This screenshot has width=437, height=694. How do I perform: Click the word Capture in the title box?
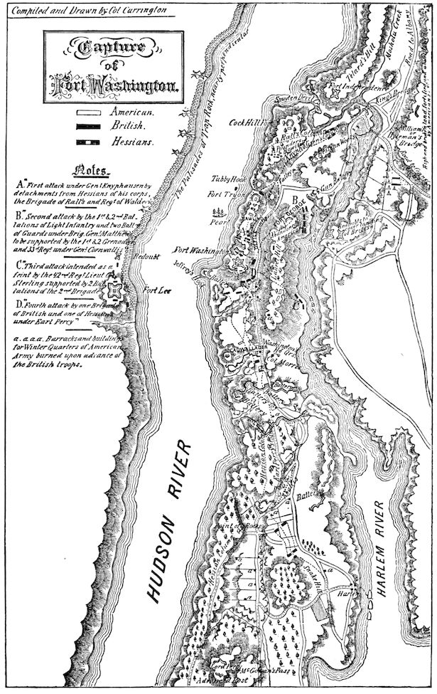click(x=106, y=48)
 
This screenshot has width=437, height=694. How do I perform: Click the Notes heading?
click(x=92, y=171)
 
